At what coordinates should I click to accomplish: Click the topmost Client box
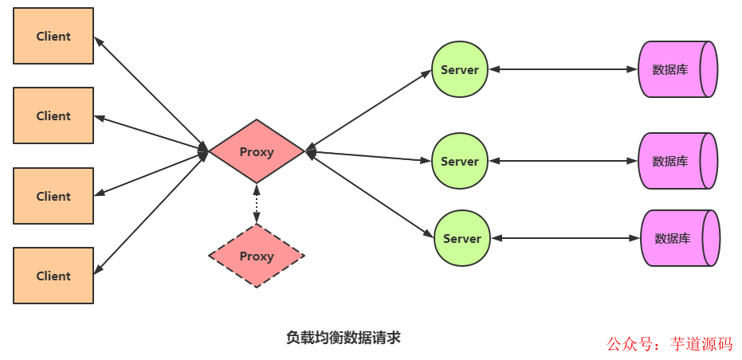pyautogui.click(x=53, y=36)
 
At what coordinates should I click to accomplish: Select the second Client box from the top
pyautogui.click(x=53, y=115)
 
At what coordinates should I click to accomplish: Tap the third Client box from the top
pyautogui.click(x=53, y=196)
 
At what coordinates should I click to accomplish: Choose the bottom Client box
pyautogui.click(x=53, y=276)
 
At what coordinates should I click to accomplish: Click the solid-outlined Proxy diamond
pyautogui.click(x=257, y=151)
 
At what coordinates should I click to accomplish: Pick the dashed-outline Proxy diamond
pyautogui.click(x=257, y=256)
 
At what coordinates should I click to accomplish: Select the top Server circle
pyautogui.click(x=460, y=69)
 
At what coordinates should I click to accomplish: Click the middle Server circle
pyautogui.click(x=460, y=161)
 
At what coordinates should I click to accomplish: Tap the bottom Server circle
pyautogui.click(x=461, y=238)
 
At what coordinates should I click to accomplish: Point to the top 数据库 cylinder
pyautogui.click(x=677, y=69)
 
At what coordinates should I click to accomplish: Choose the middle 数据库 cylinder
pyautogui.click(x=677, y=161)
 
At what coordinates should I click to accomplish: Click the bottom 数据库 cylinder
pyautogui.click(x=679, y=238)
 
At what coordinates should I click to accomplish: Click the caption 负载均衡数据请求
pyautogui.click(x=343, y=337)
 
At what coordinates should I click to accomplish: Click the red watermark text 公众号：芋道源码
pyautogui.click(x=669, y=344)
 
